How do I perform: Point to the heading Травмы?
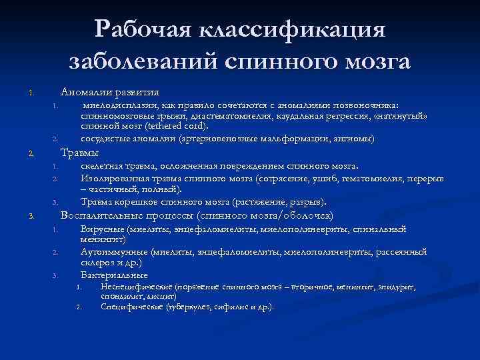click(80, 153)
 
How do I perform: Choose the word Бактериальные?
click(114, 274)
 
